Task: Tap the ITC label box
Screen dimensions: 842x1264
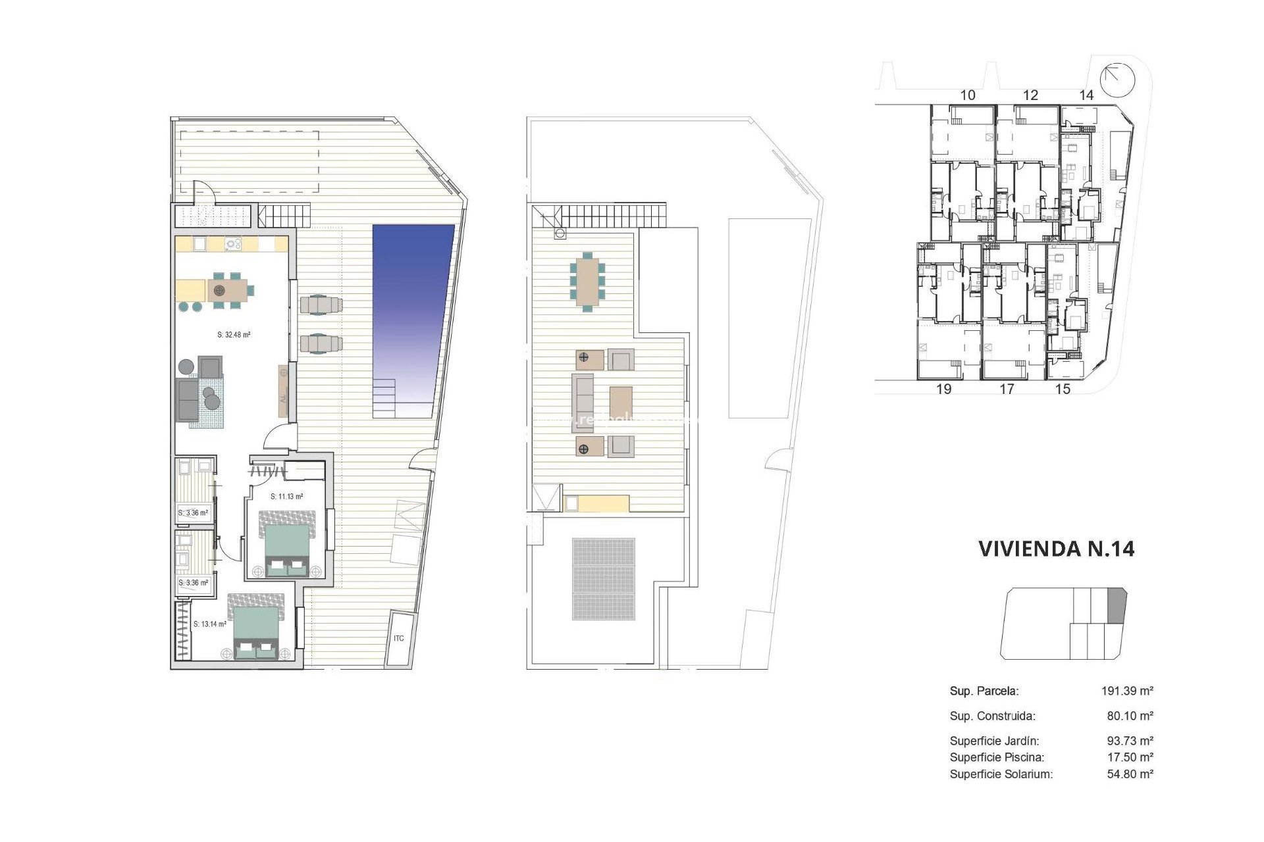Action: (399, 638)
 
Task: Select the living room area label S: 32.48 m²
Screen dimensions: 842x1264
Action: (234, 335)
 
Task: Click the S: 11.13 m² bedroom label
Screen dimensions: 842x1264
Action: (287, 497)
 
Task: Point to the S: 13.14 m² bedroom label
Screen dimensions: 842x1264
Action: (210, 624)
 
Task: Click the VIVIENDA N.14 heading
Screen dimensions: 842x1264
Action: (1056, 549)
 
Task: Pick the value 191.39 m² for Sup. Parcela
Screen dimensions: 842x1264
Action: (1127, 691)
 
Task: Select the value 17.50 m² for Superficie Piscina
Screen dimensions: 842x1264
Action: (1130, 757)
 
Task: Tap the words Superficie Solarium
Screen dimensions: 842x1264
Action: (1001, 774)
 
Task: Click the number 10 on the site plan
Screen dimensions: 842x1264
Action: (967, 95)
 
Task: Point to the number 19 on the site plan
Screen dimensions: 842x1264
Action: (943, 389)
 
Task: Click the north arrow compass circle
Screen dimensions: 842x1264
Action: (1119, 80)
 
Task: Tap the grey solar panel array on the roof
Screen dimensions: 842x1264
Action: (604, 579)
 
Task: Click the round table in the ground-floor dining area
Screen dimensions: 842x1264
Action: (219, 290)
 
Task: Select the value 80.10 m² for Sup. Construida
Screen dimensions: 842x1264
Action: (1130, 716)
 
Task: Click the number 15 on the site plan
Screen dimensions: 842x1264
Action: (1063, 389)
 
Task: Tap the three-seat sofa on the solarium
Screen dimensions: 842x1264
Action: (583, 403)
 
